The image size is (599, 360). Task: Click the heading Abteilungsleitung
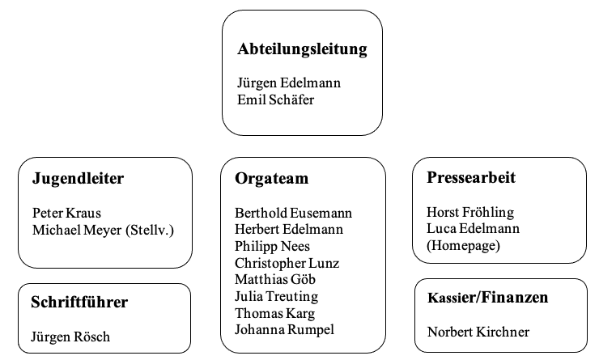(302, 49)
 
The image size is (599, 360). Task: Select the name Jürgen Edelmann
(289, 83)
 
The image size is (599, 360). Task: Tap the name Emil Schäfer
(275, 100)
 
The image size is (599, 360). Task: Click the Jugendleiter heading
(78, 179)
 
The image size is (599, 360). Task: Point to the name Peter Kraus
(67, 213)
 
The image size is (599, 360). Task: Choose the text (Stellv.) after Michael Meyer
(150, 231)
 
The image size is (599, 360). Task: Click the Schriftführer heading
(79, 302)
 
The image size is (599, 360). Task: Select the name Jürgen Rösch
(70, 337)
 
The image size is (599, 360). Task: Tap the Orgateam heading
(272, 179)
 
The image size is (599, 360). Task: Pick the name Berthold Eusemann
(293, 213)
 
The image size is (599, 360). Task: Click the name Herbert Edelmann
(289, 229)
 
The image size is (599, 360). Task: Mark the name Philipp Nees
(272, 247)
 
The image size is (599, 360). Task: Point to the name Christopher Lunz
(287, 264)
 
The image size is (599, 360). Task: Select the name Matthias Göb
(275, 279)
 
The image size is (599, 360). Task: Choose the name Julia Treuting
(276, 297)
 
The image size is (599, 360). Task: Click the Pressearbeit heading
(471, 177)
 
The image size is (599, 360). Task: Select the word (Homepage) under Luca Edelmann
(463, 245)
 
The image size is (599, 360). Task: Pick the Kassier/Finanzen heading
(488, 298)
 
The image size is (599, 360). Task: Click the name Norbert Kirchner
(478, 332)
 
